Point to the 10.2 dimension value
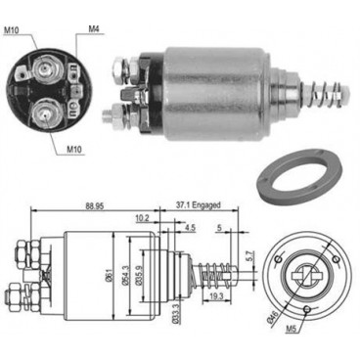(x=145, y=219)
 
